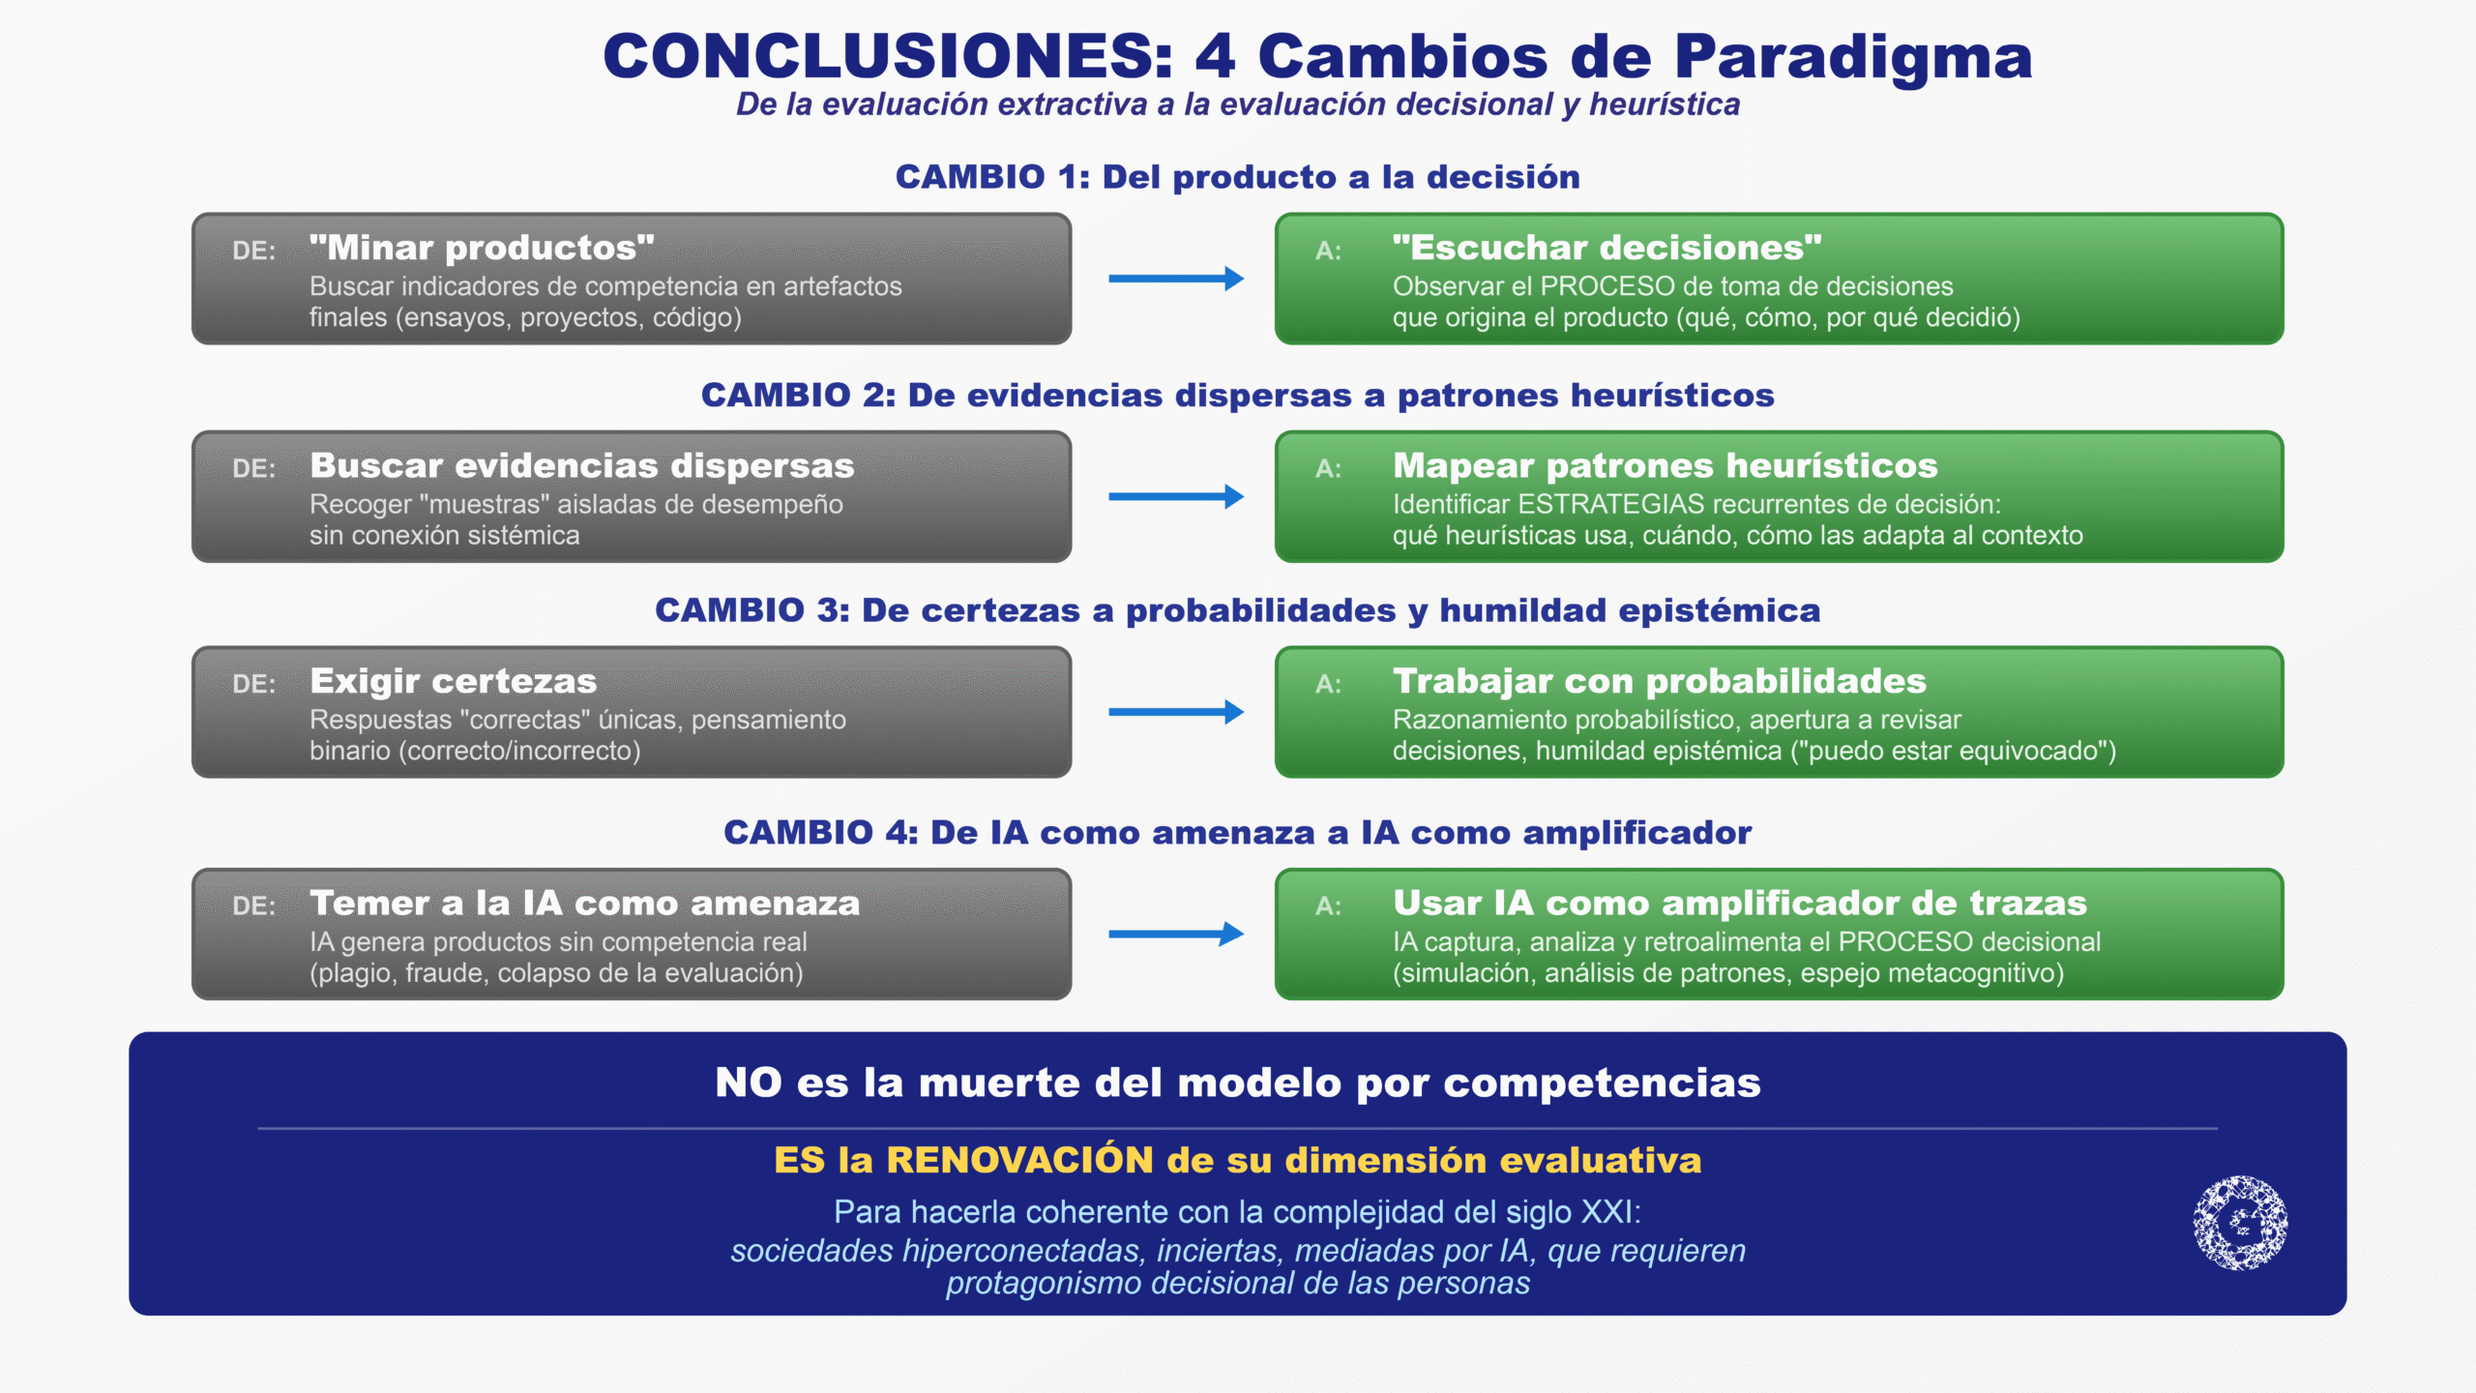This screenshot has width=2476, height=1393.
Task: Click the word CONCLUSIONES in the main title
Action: coord(887,56)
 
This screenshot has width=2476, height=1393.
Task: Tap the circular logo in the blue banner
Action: coord(2240,1223)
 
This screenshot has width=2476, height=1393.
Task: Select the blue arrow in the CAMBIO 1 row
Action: coord(1176,279)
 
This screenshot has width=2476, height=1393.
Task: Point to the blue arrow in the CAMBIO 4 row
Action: coord(1176,934)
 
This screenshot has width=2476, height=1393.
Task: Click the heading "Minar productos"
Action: coord(482,248)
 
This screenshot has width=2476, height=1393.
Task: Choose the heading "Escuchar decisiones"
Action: coord(1607,248)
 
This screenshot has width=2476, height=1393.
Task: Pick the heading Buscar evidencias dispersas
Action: coord(582,465)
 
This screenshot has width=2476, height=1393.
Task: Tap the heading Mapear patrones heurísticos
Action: coord(1665,465)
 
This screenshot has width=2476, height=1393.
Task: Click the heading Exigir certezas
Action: coord(454,682)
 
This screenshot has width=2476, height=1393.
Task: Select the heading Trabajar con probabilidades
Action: coord(1660,681)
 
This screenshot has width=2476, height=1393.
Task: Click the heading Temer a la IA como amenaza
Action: coord(584,903)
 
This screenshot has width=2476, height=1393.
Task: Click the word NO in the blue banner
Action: coord(749,1082)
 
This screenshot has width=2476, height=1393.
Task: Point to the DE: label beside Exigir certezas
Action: coord(254,684)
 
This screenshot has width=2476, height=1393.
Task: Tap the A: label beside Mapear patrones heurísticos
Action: coord(1328,468)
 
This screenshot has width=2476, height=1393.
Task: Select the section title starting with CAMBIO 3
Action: coord(1238,610)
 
